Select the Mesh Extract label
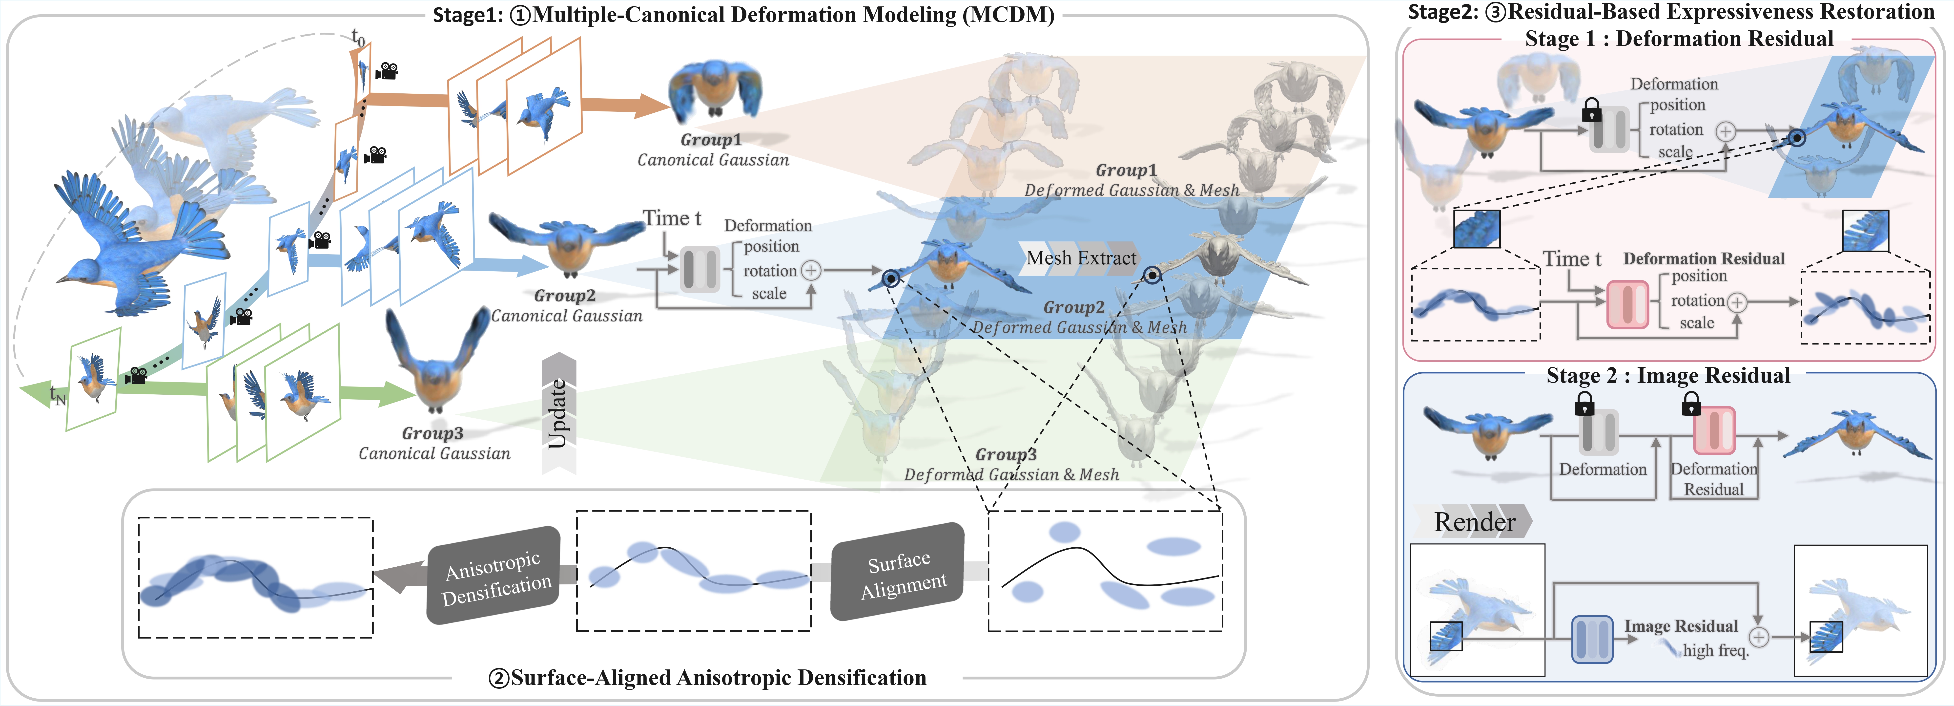pos(1081,258)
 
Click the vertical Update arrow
pos(559,414)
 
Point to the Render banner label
pos(1474,521)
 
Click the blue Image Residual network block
pos(1591,639)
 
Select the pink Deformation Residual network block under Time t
pos(1628,304)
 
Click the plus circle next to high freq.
pos(1758,638)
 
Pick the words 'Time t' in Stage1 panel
pos(672,219)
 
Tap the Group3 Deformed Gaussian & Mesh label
pos(1010,465)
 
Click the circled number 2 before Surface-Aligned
pos(498,678)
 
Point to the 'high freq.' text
pos(1716,651)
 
